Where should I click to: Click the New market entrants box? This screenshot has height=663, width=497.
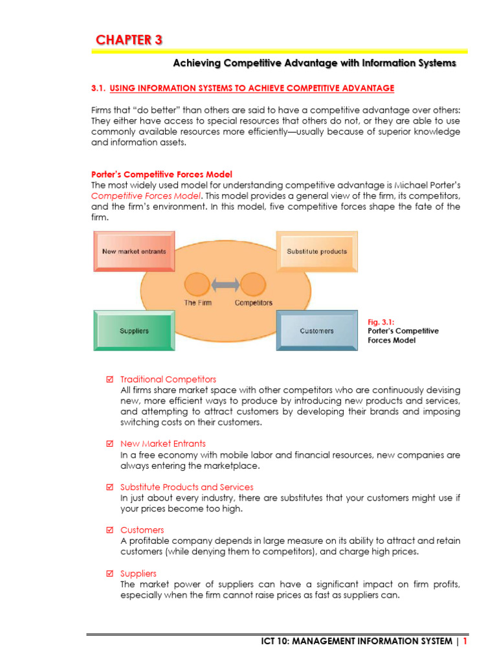coord(134,251)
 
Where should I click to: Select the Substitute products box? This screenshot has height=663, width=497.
coord(316,251)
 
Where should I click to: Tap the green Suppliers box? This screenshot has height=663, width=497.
coord(134,331)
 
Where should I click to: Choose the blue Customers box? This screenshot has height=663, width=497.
coord(316,331)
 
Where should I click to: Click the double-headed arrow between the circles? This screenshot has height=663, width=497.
coord(222,284)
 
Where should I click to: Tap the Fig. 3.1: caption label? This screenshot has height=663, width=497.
coord(381,320)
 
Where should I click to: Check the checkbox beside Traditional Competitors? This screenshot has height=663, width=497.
coord(109,379)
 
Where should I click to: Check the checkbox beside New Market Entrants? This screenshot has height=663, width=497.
coord(109,444)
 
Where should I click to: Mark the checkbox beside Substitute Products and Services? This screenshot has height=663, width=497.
coord(109,487)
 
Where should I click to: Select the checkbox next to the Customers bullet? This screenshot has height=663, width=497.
coord(109,530)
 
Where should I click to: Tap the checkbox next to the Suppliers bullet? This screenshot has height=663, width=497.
coord(109,574)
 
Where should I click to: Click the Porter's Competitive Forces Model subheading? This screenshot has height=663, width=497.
coord(161,174)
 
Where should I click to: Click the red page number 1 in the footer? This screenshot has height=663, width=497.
coord(465,641)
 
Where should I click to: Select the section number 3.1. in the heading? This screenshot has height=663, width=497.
coord(98,88)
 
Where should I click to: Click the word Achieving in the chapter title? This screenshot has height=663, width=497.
coord(196,63)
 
